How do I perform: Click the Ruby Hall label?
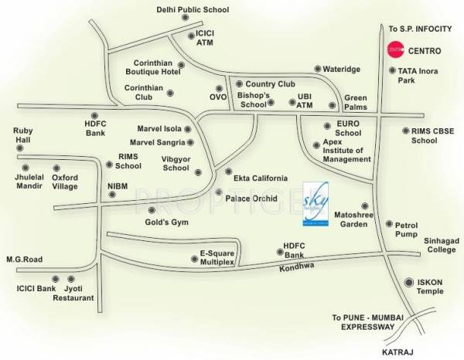click(22, 136)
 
